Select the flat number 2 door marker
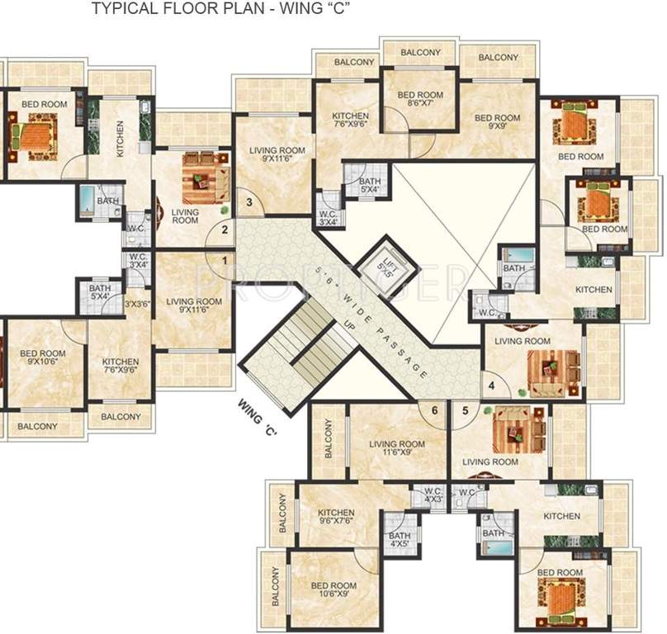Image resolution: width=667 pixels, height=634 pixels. [x=223, y=231]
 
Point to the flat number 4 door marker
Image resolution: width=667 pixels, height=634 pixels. [x=492, y=385]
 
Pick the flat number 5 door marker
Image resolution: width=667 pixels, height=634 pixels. [x=465, y=409]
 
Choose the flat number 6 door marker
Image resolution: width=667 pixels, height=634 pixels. [x=434, y=409]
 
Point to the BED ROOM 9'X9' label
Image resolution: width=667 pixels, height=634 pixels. [x=497, y=123]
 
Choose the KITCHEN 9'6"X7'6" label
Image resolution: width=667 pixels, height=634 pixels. [x=335, y=518]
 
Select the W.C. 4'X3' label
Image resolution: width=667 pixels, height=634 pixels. [x=433, y=496]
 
